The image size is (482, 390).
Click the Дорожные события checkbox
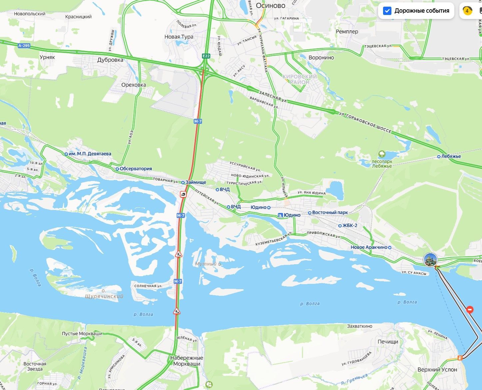coord(387,11)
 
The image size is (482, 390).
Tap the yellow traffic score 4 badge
coord(467,11)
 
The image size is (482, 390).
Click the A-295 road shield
coord(24,46)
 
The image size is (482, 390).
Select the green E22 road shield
coord(206,56)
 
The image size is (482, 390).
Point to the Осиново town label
coord(270,6)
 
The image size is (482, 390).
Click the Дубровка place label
coord(110,60)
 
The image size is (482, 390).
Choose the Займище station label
coord(196,182)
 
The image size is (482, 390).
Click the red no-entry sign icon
coord(470,309)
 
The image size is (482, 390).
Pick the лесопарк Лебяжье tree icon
coord(382,154)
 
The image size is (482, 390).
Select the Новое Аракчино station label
coord(369,247)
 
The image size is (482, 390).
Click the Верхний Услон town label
coord(437,370)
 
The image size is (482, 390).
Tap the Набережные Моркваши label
coord(187,361)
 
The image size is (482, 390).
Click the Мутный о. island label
coord(208,264)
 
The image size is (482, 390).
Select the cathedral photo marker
coord(430,260)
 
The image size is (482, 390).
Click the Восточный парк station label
coord(330,212)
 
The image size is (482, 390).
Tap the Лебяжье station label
coord(451,156)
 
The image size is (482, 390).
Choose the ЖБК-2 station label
coord(350,225)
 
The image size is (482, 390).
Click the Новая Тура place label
coord(179,37)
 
